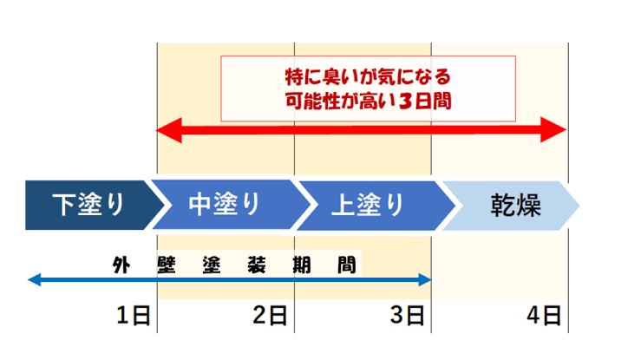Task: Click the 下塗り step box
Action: coord(87,205)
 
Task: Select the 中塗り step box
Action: coord(224,205)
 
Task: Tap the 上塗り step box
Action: coord(368,205)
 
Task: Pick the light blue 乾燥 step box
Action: coord(513,205)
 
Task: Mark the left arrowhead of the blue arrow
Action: coord(33,279)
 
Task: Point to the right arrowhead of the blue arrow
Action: coord(425,279)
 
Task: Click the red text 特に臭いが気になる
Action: coord(368,76)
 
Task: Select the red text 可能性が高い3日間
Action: coord(368,101)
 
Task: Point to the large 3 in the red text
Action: coord(408,101)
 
